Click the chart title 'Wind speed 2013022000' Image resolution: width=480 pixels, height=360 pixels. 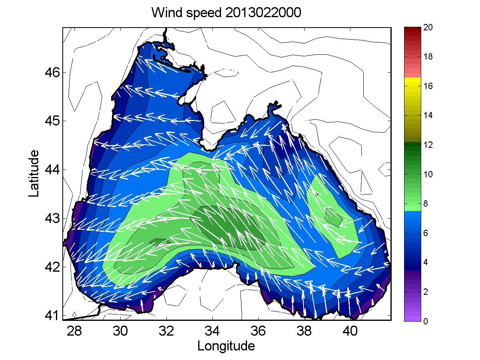coord(226,13)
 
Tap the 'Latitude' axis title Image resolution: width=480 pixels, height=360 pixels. coord(34,173)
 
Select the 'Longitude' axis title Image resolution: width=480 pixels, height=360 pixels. coord(226,346)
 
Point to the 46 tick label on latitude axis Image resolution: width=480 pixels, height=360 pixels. coord(52,72)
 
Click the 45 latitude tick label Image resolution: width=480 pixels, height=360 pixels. coord(52,121)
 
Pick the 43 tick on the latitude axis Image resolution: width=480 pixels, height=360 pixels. coord(52,218)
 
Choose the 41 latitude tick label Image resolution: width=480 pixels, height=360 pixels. coord(52,315)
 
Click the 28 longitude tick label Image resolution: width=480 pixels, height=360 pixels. coord(74,331)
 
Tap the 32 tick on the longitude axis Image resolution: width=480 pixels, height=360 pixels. coord(166,331)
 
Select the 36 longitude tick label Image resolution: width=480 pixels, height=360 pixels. coord(258,331)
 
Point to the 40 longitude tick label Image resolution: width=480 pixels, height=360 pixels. coord(350,331)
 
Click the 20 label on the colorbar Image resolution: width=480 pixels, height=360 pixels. coord(428,27)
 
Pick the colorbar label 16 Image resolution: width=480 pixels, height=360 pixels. coord(428,86)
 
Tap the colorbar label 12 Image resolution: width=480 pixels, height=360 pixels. coord(428,145)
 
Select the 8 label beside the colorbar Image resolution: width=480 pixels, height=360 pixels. coord(426,204)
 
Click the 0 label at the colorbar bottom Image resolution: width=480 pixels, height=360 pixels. coord(426,321)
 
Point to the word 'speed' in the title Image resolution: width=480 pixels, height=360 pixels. coord(204,13)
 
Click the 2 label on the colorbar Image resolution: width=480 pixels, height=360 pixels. coord(426,292)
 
